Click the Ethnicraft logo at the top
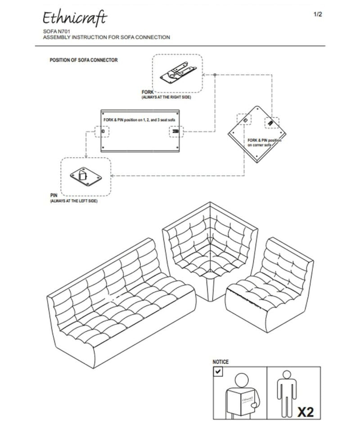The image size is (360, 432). [75, 18]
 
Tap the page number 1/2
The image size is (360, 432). [318, 14]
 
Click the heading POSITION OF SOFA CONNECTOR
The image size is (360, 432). [84, 60]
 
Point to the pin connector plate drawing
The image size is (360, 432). [85, 176]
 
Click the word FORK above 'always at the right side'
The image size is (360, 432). [148, 92]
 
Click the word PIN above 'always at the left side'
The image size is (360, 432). [54, 196]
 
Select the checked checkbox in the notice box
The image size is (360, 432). [218, 372]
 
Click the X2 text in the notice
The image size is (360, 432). [306, 411]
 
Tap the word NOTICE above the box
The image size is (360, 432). [220, 362]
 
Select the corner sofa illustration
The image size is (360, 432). [210, 252]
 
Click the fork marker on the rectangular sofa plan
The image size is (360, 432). [175, 132]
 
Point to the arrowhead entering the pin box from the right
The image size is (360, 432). [112, 176]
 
